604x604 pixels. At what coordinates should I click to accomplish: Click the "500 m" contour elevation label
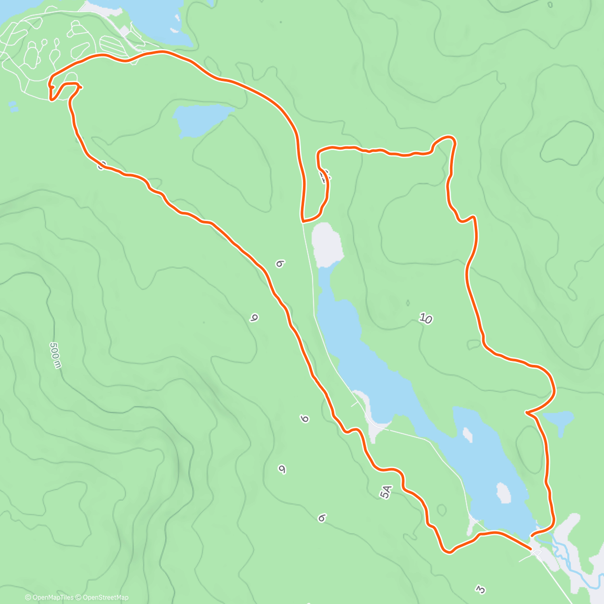[x=55, y=355]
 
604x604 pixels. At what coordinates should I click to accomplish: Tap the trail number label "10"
[x=425, y=318]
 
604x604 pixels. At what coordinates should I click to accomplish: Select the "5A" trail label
[x=386, y=492]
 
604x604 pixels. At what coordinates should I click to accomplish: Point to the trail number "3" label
[x=481, y=589]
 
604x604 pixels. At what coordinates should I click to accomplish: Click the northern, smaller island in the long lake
[x=468, y=434]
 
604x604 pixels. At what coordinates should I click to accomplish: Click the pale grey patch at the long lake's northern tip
[x=327, y=245]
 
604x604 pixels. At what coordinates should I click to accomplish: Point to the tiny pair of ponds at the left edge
[x=13, y=106]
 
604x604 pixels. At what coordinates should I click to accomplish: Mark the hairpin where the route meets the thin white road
[x=304, y=220]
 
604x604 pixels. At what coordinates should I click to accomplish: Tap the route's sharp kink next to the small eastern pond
[x=526, y=413]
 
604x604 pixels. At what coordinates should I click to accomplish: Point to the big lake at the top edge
[x=151, y=20]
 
